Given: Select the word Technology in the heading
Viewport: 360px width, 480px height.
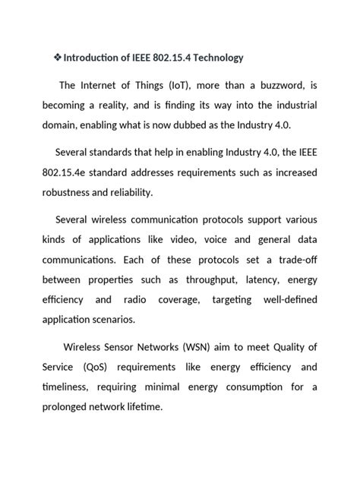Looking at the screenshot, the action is (216, 58).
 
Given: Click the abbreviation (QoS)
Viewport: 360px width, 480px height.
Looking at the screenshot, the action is (95, 367).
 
